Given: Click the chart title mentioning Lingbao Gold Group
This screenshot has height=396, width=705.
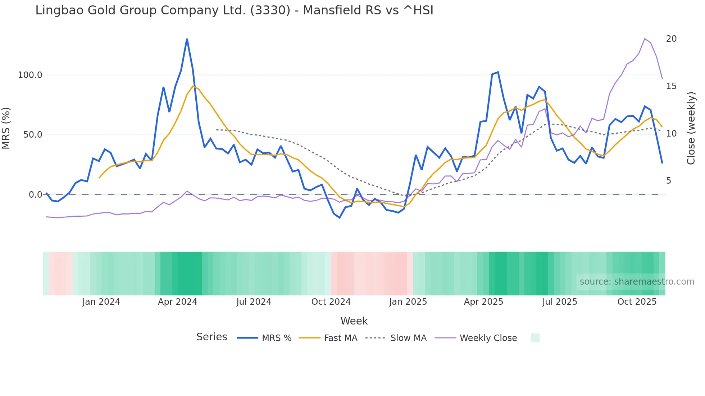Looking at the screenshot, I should coord(234,10).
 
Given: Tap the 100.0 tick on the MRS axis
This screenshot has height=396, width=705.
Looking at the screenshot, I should coord(30,75).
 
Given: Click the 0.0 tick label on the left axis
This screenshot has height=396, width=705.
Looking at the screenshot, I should coord(35,195).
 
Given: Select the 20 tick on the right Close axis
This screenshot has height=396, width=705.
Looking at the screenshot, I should coord(671,39).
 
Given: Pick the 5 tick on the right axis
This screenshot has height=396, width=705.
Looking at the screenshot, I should coord(669,181).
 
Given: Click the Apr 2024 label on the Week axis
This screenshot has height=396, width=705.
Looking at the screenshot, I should coord(177,302).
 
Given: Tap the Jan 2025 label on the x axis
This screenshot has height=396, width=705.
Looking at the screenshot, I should coord(408,302).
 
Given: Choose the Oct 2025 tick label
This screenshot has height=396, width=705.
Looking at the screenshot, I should coord(637,302).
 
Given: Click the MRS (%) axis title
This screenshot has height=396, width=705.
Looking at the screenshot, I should coord(6,128).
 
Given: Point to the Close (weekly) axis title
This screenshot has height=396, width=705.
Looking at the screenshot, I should coord(691,128).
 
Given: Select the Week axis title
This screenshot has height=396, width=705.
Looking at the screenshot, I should coord(354,321).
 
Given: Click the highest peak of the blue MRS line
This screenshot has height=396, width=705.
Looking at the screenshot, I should coord(187,39).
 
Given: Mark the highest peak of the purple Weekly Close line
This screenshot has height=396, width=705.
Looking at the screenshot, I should coord(645,39).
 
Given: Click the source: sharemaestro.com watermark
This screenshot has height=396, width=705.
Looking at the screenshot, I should coord(637,282).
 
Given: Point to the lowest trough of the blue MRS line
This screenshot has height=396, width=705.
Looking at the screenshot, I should coord(340,218).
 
